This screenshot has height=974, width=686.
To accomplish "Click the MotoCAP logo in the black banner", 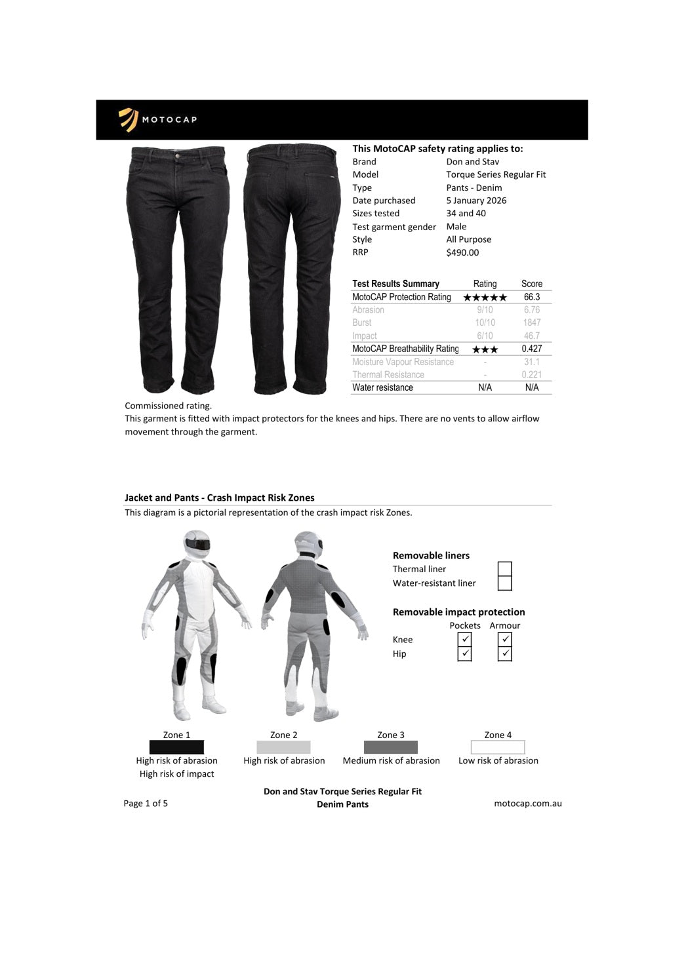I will tap(157, 119).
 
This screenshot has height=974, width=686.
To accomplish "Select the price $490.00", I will tap(462, 252).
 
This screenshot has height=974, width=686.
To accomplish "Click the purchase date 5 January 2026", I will tap(476, 201).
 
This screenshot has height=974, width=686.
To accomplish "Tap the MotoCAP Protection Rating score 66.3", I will tap(531, 297).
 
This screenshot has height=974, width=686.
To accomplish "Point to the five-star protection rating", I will tap(485, 298).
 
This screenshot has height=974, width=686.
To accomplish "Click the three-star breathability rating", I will tap(485, 349).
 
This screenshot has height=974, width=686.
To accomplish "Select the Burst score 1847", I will tap(531, 322).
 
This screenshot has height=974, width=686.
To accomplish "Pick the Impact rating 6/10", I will tap(485, 336).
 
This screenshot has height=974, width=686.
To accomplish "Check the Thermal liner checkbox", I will tap(504, 569).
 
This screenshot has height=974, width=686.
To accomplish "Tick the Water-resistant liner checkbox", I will tap(504, 583).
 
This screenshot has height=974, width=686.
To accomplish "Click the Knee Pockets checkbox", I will tap(464, 639).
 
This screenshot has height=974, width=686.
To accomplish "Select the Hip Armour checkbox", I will tap(504, 653).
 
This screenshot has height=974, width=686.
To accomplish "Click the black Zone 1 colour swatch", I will tap(176, 747).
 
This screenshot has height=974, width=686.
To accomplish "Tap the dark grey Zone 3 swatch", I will tap(391, 747).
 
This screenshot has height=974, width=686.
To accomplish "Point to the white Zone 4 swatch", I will tap(498, 747).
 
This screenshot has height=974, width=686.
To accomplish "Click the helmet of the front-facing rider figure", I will tap(197, 543).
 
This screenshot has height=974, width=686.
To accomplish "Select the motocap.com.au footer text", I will tap(527, 804).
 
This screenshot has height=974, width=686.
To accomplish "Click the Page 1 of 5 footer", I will tap(146, 804).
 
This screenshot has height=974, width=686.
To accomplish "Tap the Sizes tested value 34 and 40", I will tap(466, 214).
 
